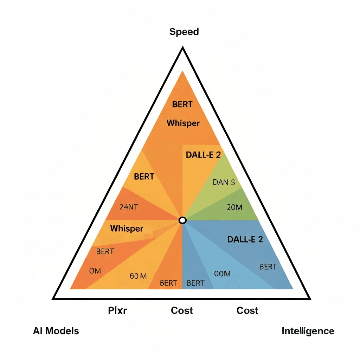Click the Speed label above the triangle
tap(184, 32)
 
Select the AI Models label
tap(56, 331)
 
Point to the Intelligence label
tap(308, 331)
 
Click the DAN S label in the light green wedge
tap(224, 182)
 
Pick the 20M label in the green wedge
tap(234, 207)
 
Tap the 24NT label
tap(129, 207)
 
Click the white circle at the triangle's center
tap(182, 220)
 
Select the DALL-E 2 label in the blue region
tap(245, 240)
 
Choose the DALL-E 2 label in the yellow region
tap(202, 155)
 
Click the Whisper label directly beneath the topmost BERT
tap(183, 123)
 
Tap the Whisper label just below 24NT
tap(127, 229)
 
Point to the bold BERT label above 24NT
tap(144, 176)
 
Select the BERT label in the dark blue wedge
tap(196, 283)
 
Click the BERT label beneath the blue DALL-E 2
tap(268, 266)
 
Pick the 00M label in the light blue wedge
tap(222, 274)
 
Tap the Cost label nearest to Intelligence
tap(247, 310)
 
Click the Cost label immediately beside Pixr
tap(182, 310)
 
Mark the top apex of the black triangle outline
tap(182, 48)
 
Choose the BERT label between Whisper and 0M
tap(105, 251)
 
